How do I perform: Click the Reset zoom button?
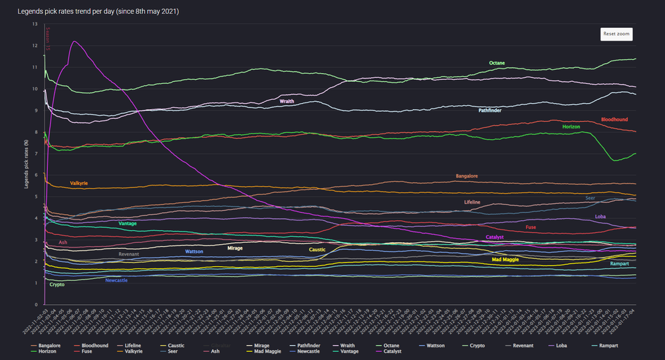(616, 33)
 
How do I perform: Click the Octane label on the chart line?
(497, 63)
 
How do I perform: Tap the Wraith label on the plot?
(287, 102)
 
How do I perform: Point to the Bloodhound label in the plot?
(615, 120)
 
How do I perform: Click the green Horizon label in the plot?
(571, 126)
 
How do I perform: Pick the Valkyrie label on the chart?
(79, 183)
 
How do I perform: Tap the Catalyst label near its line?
(495, 237)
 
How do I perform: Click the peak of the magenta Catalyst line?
(74, 41)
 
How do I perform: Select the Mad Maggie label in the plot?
(505, 260)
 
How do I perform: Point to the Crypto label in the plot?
(57, 285)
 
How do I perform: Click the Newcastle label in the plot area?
(116, 280)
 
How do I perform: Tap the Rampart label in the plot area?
(620, 264)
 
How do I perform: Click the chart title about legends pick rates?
(98, 12)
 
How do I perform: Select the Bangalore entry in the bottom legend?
(50, 346)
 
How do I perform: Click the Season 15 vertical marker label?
(48, 38)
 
